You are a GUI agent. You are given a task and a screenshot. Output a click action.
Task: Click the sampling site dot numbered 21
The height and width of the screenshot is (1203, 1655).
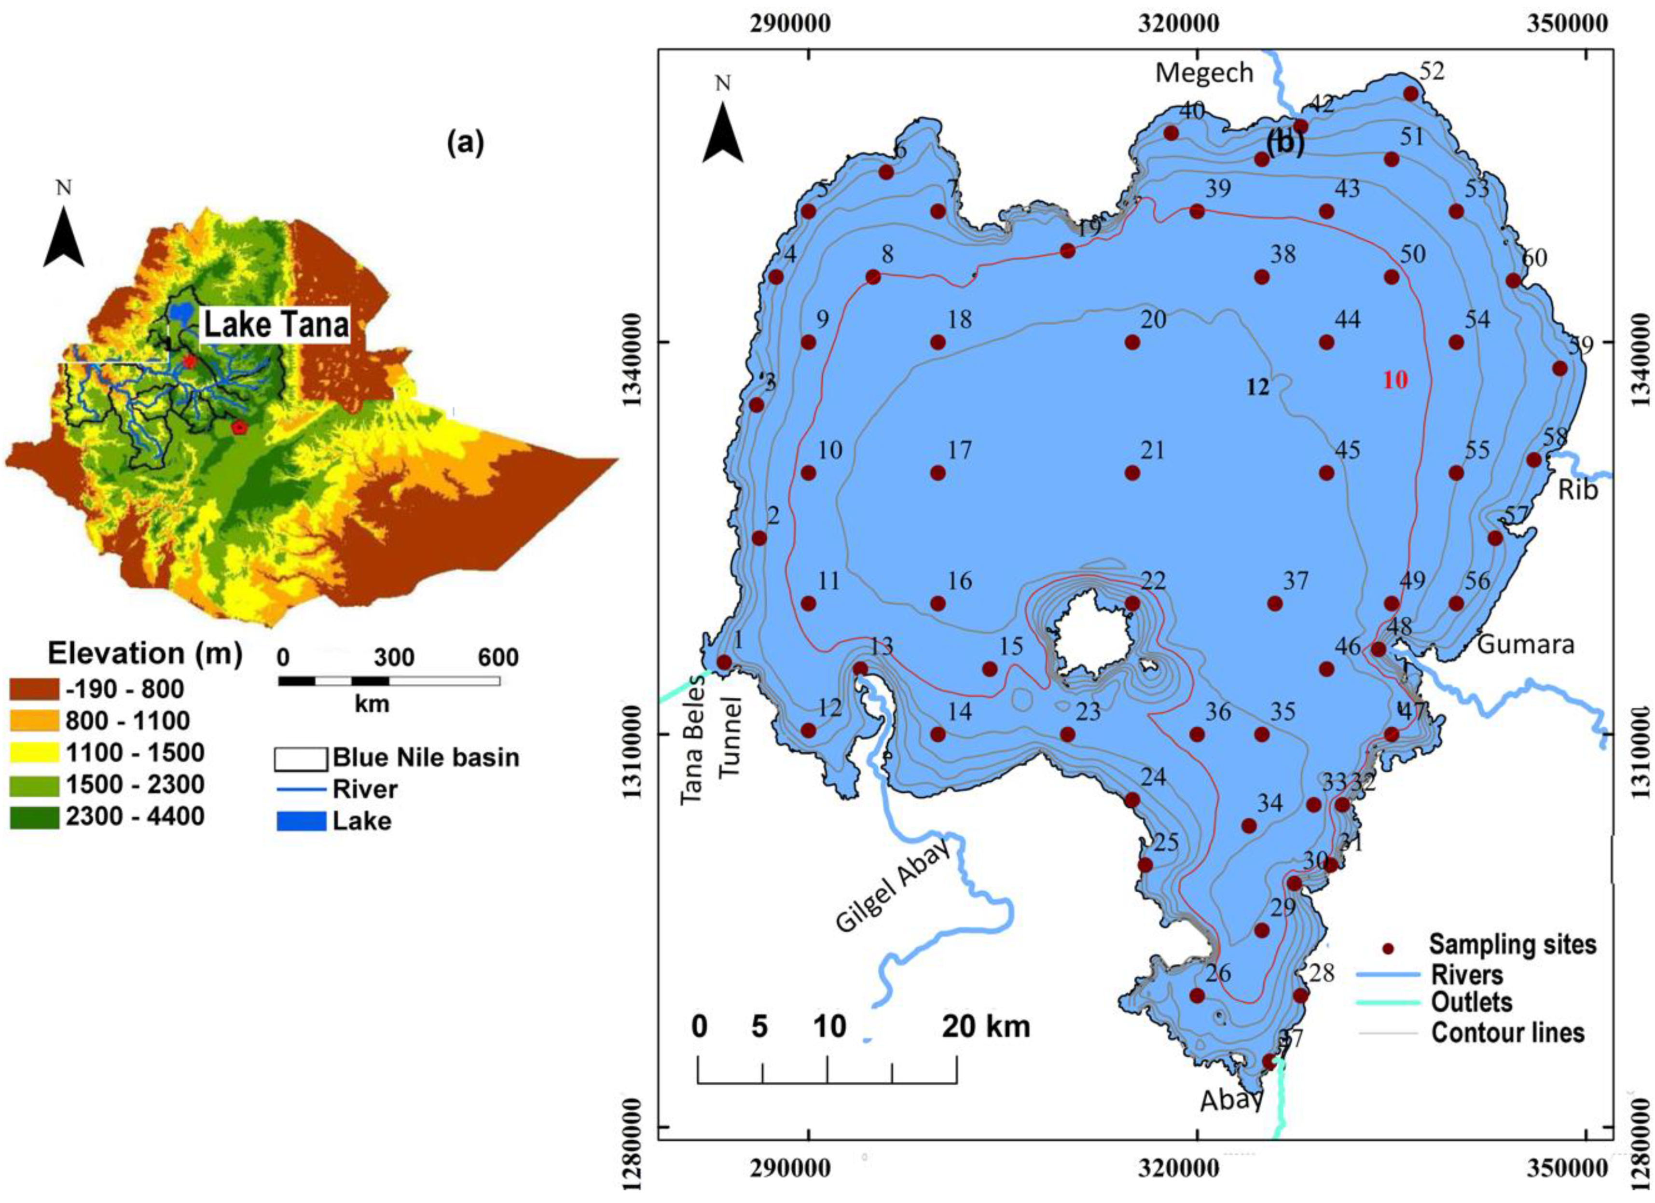pyautogui.click(x=1132, y=473)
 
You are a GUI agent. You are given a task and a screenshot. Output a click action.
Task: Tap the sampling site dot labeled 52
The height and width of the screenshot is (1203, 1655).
pyautogui.click(x=1410, y=94)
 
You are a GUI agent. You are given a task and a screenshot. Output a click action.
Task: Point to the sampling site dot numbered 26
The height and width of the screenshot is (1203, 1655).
pyautogui.click(x=1197, y=996)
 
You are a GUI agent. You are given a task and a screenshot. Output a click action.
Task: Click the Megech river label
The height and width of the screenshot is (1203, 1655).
pyautogui.click(x=1204, y=73)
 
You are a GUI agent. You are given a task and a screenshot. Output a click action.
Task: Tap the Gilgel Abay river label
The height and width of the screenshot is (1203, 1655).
pyautogui.click(x=893, y=885)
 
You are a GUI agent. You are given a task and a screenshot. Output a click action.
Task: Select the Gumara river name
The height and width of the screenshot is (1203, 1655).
pyautogui.click(x=1526, y=645)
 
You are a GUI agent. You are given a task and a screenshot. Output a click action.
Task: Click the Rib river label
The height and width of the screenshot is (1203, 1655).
pyautogui.click(x=1578, y=490)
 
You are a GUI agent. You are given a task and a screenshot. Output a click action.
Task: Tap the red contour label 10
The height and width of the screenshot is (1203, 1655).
pyautogui.click(x=1395, y=380)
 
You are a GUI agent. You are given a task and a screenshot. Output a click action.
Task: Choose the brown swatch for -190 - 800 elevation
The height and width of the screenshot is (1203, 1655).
pyautogui.click(x=34, y=689)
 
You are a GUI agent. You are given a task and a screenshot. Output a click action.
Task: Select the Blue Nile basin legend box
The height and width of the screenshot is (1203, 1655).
pyautogui.click(x=301, y=759)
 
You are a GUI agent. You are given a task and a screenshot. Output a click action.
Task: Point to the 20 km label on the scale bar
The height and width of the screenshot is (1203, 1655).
pyautogui.click(x=986, y=1027)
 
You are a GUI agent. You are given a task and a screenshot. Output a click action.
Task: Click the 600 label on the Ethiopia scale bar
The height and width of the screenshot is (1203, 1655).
pyautogui.click(x=498, y=658)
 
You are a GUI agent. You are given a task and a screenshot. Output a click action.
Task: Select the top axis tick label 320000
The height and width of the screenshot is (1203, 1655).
pyautogui.click(x=1178, y=23)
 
